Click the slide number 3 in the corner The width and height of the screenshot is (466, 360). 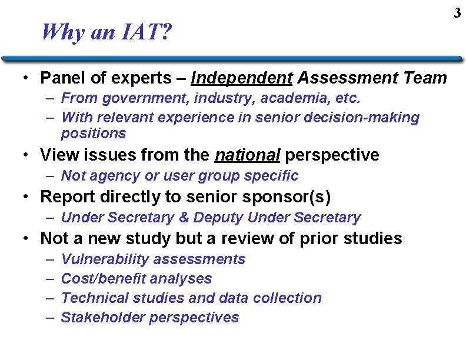click(457, 12)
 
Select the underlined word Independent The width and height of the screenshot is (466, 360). click(242, 78)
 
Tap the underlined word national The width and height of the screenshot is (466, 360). click(247, 155)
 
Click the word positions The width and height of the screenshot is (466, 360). click(93, 134)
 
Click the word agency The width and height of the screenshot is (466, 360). click(111, 176)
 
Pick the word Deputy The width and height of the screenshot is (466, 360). click(218, 218)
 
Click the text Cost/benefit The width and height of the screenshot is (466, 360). click(103, 279)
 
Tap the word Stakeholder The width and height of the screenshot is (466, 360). click(103, 318)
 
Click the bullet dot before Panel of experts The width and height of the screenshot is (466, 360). click(26, 78)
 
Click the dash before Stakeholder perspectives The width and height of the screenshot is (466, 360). click(50, 318)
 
